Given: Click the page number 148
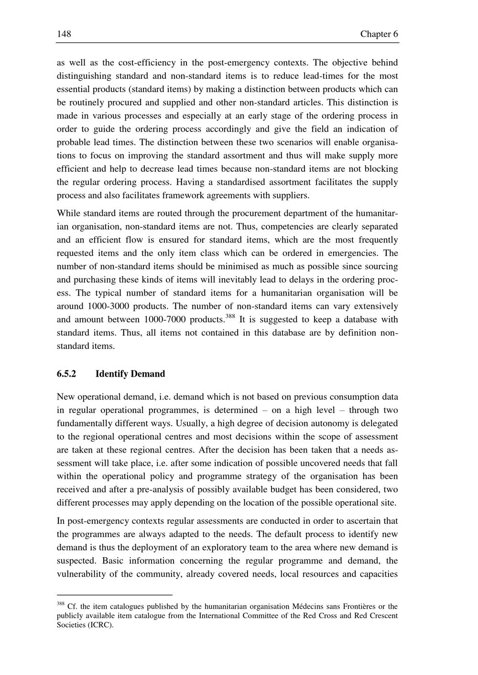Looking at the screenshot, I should pyautogui.click(x=64, y=34).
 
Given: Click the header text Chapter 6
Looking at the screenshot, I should pyautogui.click(x=379, y=34).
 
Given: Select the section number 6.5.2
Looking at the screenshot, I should pyautogui.click(x=66, y=374).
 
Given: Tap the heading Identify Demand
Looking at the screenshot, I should pyautogui.click(x=130, y=374).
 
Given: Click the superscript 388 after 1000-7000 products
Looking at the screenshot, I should pyautogui.click(x=230, y=316).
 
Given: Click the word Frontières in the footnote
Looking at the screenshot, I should pyautogui.click(x=357, y=607).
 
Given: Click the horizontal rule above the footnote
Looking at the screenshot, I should pyautogui.click(x=114, y=595).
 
